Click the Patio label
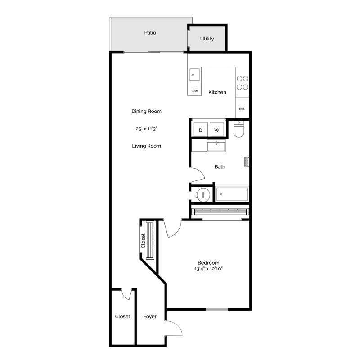coord(150,33)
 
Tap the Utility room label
coord(207,39)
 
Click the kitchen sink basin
coord(194,75)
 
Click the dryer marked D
coord(201,130)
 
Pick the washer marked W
coord(217,130)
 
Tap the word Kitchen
coord(217,92)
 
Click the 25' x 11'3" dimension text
coord(146,129)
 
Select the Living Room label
coord(147,146)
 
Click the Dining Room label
coord(147,111)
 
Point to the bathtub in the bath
coord(232,194)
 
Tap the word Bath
coord(220,167)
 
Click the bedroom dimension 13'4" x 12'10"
coord(208,269)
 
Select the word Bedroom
coord(208,263)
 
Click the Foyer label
coord(150,317)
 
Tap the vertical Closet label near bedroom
coord(143,241)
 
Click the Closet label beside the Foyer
coord(122,317)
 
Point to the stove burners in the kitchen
coord(243,83)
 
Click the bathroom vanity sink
coord(216,145)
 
